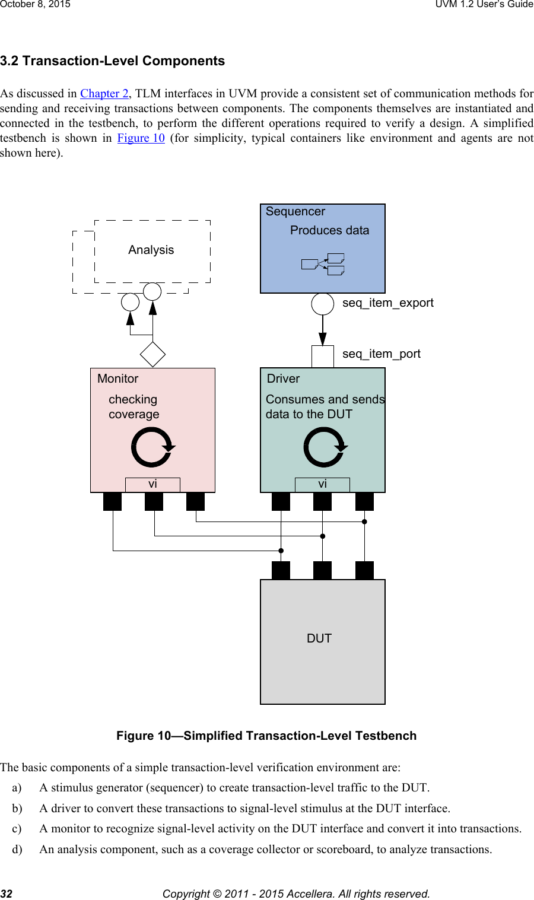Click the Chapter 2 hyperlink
[x=104, y=94]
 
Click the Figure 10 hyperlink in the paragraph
[x=141, y=138]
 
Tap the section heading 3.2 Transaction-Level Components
[x=112, y=61]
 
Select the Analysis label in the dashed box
[x=151, y=250]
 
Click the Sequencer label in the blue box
[x=295, y=212]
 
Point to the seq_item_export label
[x=387, y=303]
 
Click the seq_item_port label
[x=381, y=354]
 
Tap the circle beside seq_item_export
[x=323, y=304]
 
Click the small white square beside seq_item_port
[x=323, y=357]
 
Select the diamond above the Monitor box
[x=152, y=354]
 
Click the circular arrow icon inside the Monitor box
[x=152, y=447]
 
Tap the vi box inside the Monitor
[x=152, y=485]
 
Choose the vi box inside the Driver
[x=322, y=485]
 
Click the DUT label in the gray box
[x=319, y=639]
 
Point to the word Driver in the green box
[x=283, y=379]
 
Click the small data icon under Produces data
[x=323, y=264]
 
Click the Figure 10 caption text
[x=266, y=736]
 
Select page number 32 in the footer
[x=7, y=893]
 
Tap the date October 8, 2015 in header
[x=35, y=4]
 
